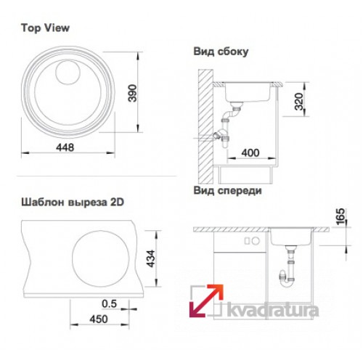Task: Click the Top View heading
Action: click(x=46, y=28)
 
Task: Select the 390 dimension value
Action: click(x=132, y=93)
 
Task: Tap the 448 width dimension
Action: click(x=65, y=147)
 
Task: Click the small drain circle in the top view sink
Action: click(x=68, y=73)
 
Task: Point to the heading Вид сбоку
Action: click(x=221, y=52)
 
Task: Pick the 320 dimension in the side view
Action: click(x=299, y=102)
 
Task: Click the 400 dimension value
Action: click(x=250, y=152)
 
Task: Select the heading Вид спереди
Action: click(x=228, y=191)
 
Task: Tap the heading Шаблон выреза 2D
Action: click(x=73, y=203)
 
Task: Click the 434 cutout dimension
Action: click(x=151, y=258)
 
